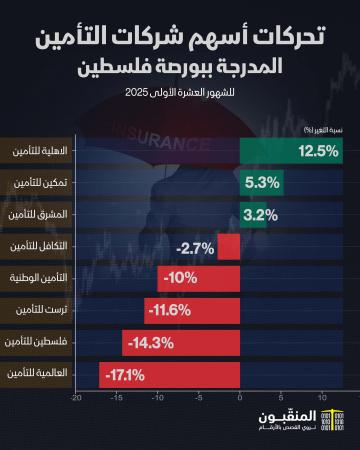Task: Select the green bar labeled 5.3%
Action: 262,183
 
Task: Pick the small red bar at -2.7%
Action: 230,246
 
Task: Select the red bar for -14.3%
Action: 181,342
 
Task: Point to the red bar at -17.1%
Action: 169,374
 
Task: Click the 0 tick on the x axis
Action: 241,397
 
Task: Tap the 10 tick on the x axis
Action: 323,397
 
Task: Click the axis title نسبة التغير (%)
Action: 318,129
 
